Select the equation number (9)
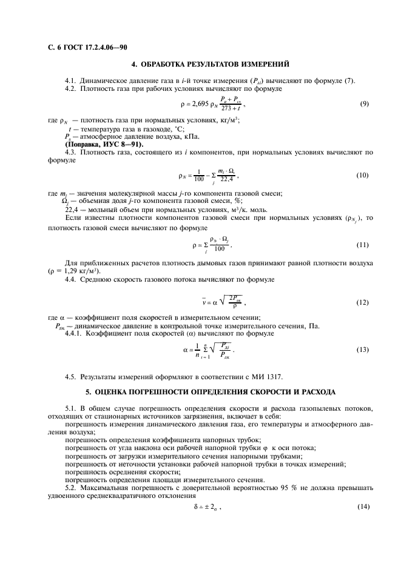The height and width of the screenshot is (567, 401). pyautogui.click(x=364, y=104)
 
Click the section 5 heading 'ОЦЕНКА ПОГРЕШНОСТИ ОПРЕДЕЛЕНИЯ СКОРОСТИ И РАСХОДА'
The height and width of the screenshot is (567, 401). pyautogui.click(x=210, y=393)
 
